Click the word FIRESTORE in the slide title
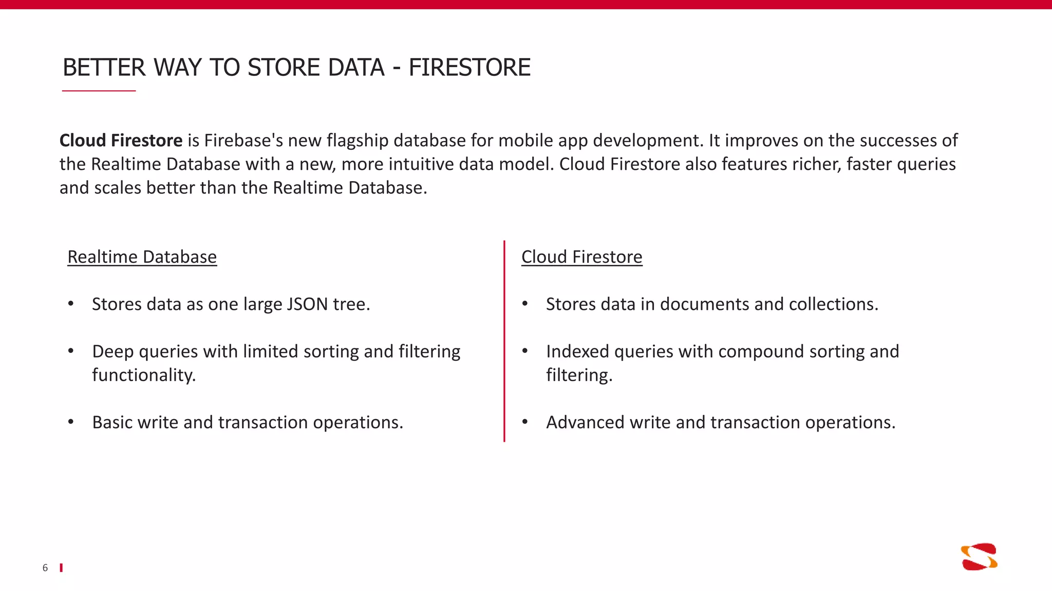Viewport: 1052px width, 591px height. coord(469,68)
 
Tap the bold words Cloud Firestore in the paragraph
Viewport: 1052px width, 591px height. coord(121,141)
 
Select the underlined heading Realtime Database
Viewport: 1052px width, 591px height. coord(142,257)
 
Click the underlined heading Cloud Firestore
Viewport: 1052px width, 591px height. coord(581,257)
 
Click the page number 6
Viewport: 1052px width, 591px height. coord(45,568)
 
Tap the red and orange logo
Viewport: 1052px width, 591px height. coord(979,557)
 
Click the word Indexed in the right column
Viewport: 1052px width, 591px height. coord(577,351)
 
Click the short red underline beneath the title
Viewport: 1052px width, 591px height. coord(99,91)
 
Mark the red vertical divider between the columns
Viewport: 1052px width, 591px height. coord(504,341)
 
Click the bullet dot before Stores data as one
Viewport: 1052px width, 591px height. coord(71,304)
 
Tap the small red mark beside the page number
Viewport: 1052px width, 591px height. coord(61,567)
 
